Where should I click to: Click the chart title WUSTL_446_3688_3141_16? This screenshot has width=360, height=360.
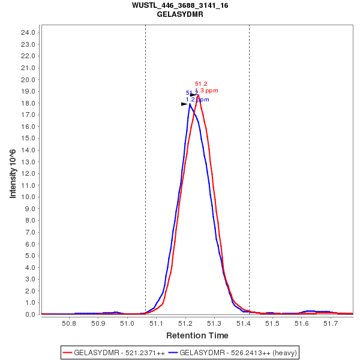point(180,5)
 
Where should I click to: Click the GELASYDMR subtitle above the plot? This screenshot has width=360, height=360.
point(180,14)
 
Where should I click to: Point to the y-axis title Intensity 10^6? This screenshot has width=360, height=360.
point(13,173)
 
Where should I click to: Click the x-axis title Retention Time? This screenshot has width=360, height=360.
point(197,335)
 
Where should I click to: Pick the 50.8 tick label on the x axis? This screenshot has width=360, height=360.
point(69,323)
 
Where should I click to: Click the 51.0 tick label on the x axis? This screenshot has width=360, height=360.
point(127,323)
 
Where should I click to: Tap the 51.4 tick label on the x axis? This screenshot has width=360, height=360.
point(244,323)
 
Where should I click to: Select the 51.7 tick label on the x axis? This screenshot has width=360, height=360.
point(331,323)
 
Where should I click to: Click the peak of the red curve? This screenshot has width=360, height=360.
point(197,94)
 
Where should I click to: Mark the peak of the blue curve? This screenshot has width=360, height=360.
point(190,104)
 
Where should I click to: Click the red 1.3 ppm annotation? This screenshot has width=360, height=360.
point(206,91)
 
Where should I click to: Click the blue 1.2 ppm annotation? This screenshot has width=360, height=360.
point(197,100)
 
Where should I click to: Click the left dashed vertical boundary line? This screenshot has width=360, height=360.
point(145,180)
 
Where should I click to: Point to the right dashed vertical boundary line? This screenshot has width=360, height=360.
point(249,180)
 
